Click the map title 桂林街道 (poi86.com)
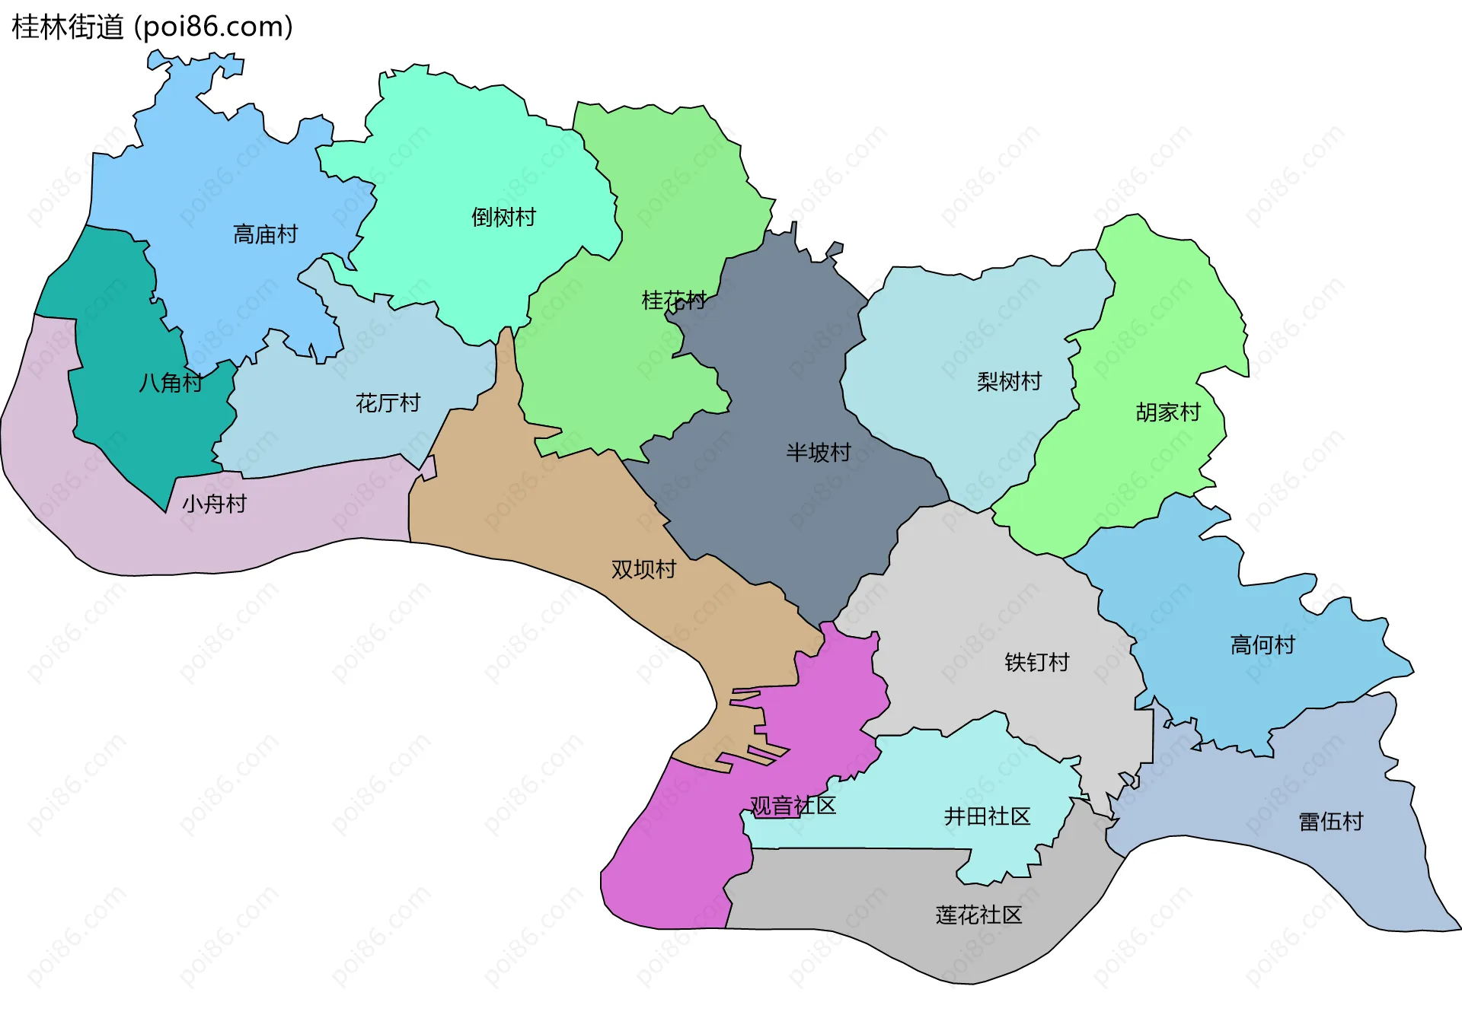[152, 27]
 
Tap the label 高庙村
[265, 234]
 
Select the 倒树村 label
[503, 218]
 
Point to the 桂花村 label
[674, 301]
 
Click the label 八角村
[171, 383]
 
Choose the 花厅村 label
[388, 403]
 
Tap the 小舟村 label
[214, 504]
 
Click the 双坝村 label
[643, 569]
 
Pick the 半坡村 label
[819, 453]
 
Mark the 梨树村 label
[1009, 381]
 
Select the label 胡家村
[1168, 412]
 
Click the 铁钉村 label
[1036, 662]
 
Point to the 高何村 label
[1262, 645]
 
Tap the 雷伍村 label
[1330, 822]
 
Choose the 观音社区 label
[793, 806]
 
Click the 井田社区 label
[987, 816]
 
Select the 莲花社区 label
[978, 915]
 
